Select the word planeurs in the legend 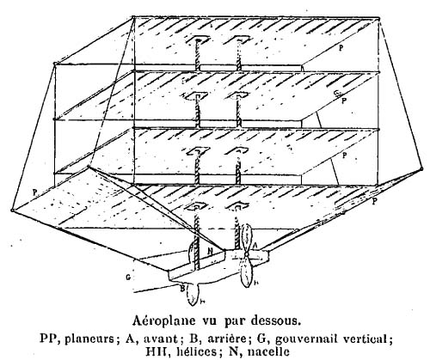coord(89,339)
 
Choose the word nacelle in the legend coord(266,351)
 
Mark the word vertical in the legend coord(367,339)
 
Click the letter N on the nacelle coord(210,252)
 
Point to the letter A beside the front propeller coord(255,246)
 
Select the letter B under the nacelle coord(182,288)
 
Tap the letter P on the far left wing coord(34,192)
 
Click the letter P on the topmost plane coord(341,48)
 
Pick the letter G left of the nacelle coord(128,278)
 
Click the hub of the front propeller coord(246,254)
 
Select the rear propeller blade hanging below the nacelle coord(192,295)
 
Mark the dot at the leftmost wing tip coord(12,211)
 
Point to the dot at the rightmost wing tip coord(421,169)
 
